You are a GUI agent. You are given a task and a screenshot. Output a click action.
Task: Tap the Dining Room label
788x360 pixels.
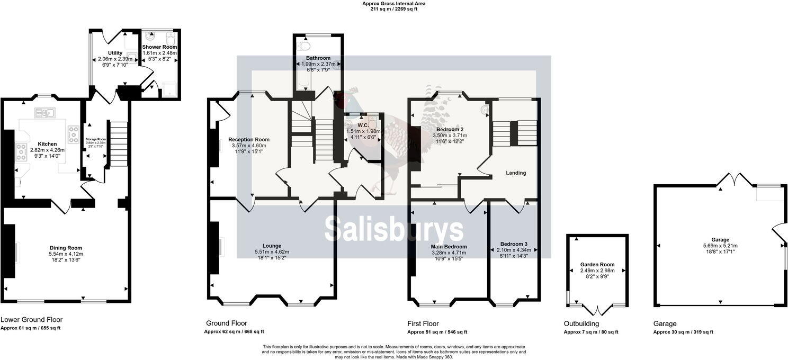(66, 248)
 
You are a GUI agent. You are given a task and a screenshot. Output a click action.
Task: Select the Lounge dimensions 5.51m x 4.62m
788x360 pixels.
(272, 252)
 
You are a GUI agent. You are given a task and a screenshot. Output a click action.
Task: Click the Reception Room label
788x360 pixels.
(248, 140)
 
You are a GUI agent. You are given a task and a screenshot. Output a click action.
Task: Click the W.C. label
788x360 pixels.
(362, 125)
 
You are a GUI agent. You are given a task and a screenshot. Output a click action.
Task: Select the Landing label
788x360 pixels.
(516, 173)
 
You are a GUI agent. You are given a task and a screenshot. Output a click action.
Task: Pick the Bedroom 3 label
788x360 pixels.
(514, 244)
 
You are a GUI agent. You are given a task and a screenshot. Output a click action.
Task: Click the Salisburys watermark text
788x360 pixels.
(394, 229)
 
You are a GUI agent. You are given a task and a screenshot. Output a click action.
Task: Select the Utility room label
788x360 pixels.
(115, 53)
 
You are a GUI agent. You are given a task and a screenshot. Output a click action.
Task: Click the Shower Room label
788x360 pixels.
(159, 47)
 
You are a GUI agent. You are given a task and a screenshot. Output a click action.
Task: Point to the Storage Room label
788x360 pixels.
(96, 139)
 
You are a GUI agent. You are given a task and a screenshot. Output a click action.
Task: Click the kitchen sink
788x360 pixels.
(44, 112)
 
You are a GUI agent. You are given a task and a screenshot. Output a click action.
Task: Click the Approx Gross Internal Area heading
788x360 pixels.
(393, 3)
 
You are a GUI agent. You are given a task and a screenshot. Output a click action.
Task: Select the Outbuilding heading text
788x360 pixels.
(581, 323)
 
